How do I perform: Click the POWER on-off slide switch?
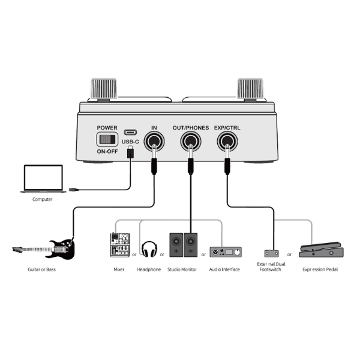pyautogui.click(x=109, y=140)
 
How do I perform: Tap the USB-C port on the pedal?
pyautogui.click(x=130, y=133)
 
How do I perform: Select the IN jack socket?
pyautogui.click(x=155, y=142)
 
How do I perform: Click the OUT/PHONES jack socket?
pyautogui.click(x=190, y=142)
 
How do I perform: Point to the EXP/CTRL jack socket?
pyautogui.click(x=227, y=142)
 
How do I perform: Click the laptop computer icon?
pyautogui.click(x=42, y=179)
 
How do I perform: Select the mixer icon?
pyautogui.click(x=119, y=244)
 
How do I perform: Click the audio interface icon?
pyautogui.click(x=224, y=251)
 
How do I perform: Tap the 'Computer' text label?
pyautogui.click(x=42, y=199)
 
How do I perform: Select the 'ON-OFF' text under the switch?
pyautogui.click(x=109, y=152)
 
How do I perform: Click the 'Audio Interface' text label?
pyautogui.click(x=224, y=269)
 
